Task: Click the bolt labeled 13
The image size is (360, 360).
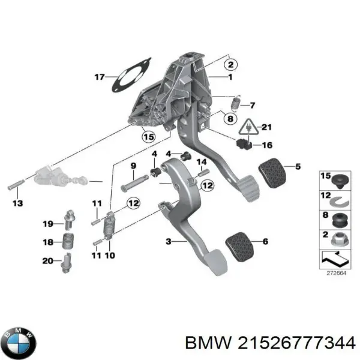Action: (x=15, y=185)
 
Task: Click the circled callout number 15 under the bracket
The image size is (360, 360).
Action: (x=148, y=137)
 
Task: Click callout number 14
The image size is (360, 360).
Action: (x=202, y=162)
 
